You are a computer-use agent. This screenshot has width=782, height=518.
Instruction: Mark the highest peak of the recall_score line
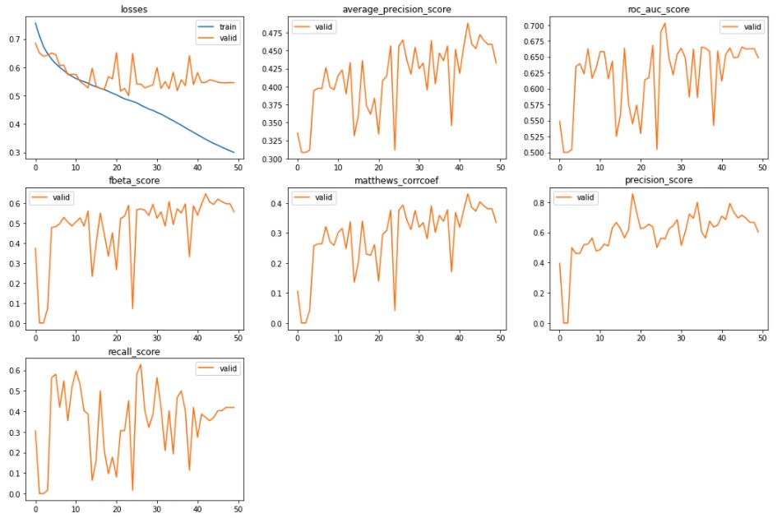coord(141,364)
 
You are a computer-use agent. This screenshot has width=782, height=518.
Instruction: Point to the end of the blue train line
coord(234,153)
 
